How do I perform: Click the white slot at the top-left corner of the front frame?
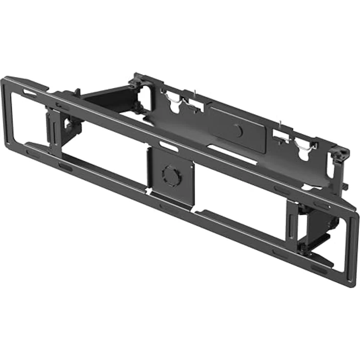[x=29, y=93]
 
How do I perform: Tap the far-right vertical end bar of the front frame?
[x=353, y=249]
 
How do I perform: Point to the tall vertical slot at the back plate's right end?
[x=331, y=169]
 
